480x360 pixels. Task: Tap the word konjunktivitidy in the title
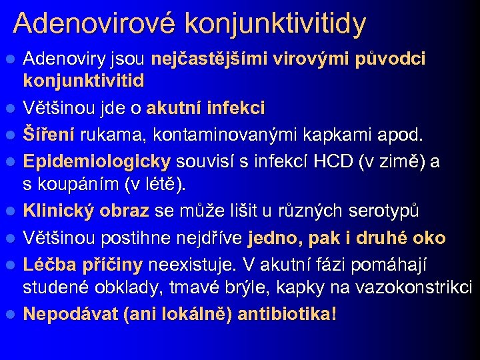click(275, 24)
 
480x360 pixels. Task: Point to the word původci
click(391, 59)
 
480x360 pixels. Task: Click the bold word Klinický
click(61, 211)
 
